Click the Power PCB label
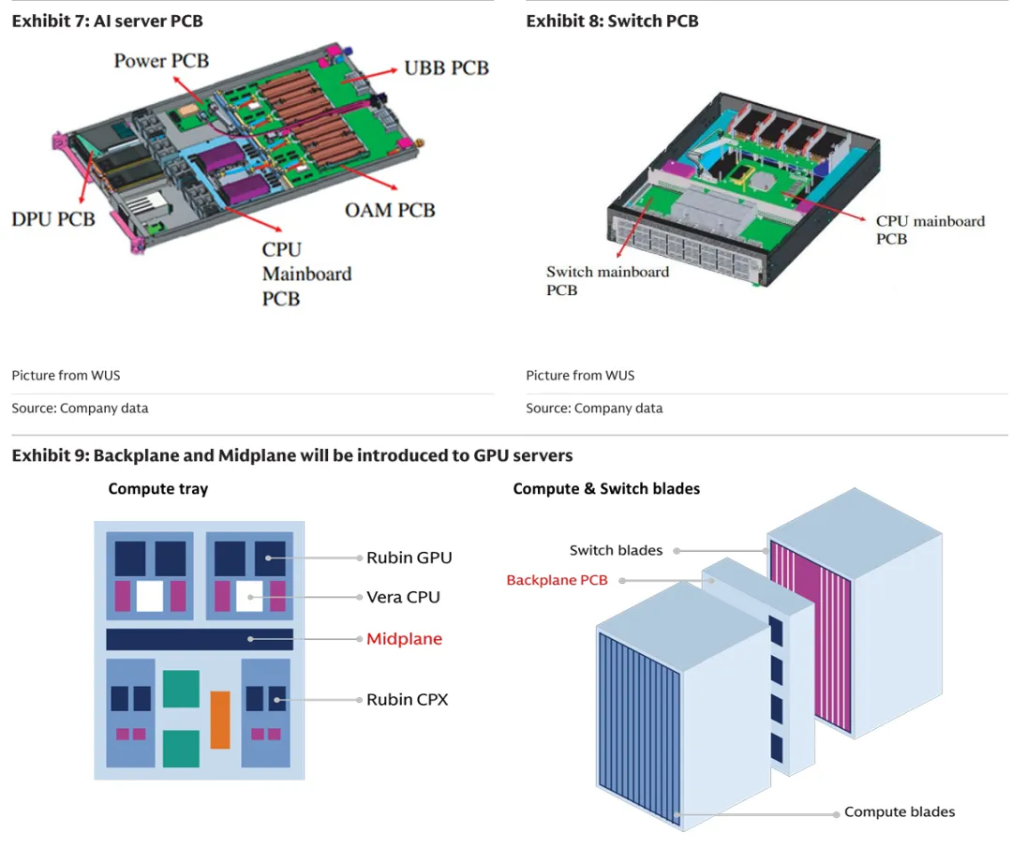(161, 61)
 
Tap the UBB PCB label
(446, 68)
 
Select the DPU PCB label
(53, 218)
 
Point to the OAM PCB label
(390, 210)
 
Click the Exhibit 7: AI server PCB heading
(107, 21)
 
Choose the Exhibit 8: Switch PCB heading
(612, 21)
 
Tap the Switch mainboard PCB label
(607, 281)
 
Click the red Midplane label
(404, 639)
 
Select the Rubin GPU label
(409, 558)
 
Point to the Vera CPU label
(403, 597)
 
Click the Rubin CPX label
(407, 699)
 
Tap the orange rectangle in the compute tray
(220, 720)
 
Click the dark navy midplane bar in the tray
(200, 639)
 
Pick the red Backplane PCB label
(557, 580)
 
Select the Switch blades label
(616, 550)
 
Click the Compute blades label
(900, 811)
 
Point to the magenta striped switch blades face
(811, 637)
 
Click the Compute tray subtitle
(158, 488)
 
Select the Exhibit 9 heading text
(292, 455)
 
